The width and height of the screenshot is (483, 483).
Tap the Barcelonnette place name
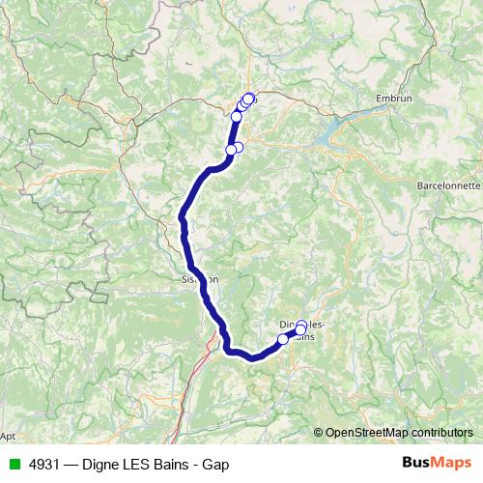(x=448, y=184)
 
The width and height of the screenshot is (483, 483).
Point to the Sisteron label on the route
(x=200, y=279)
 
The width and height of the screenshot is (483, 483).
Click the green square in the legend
(x=14, y=465)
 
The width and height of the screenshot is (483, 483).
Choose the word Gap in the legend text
(x=216, y=465)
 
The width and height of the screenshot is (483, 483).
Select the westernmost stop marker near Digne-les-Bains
(x=283, y=338)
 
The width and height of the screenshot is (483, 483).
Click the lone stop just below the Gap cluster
(x=237, y=117)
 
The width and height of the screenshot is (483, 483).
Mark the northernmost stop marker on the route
(x=249, y=98)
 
